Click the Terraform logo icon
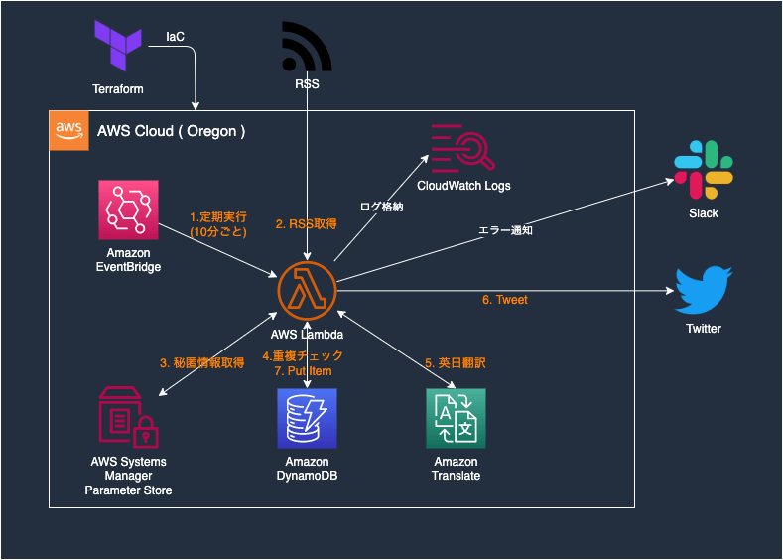point(118,46)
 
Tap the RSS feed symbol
point(308,46)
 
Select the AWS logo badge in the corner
point(67,130)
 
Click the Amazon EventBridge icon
point(128,210)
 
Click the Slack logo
point(704,170)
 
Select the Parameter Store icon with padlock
point(128,418)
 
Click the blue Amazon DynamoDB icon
point(307,418)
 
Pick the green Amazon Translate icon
point(456,418)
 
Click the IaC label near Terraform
point(175,37)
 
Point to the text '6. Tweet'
point(505,300)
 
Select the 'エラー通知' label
point(506,230)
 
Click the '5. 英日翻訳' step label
point(456,363)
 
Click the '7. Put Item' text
point(303,371)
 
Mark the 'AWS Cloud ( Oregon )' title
point(172,131)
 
